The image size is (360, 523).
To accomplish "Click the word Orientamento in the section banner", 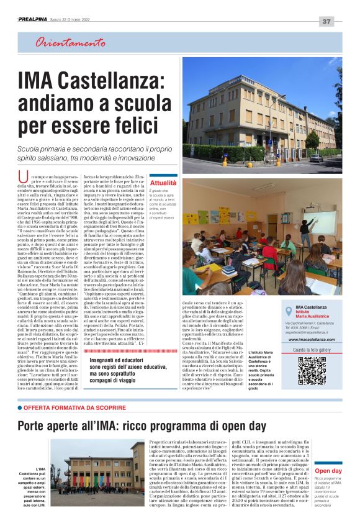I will [x=70, y=43].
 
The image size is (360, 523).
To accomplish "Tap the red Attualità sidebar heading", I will [x=163, y=183].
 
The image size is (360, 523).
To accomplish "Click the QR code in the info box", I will [x=312, y=370].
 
